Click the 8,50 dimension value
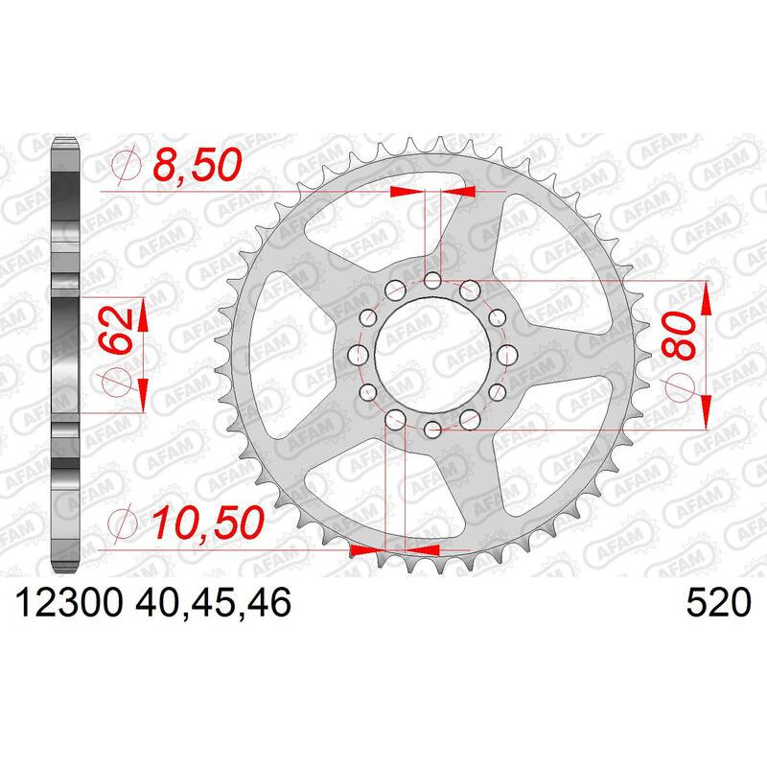tap(198, 165)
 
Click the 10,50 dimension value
tap(207, 523)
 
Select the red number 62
tap(117, 331)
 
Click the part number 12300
tap(68, 602)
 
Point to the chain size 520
tap(718, 602)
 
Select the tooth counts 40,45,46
tap(214, 603)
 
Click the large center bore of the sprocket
tap(433, 354)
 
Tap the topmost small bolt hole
tap(432, 281)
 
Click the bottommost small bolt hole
tap(432, 430)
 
